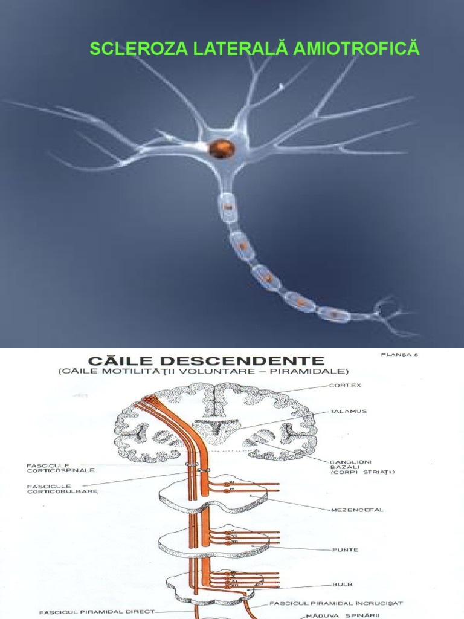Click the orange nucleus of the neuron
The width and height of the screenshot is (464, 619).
click(x=221, y=147)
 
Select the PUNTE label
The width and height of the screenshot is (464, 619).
click(x=345, y=549)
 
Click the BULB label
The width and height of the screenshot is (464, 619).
click(x=342, y=585)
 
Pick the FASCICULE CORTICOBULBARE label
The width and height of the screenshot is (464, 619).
click(x=54, y=488)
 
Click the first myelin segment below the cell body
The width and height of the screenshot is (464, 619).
click(x=228, y=207)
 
